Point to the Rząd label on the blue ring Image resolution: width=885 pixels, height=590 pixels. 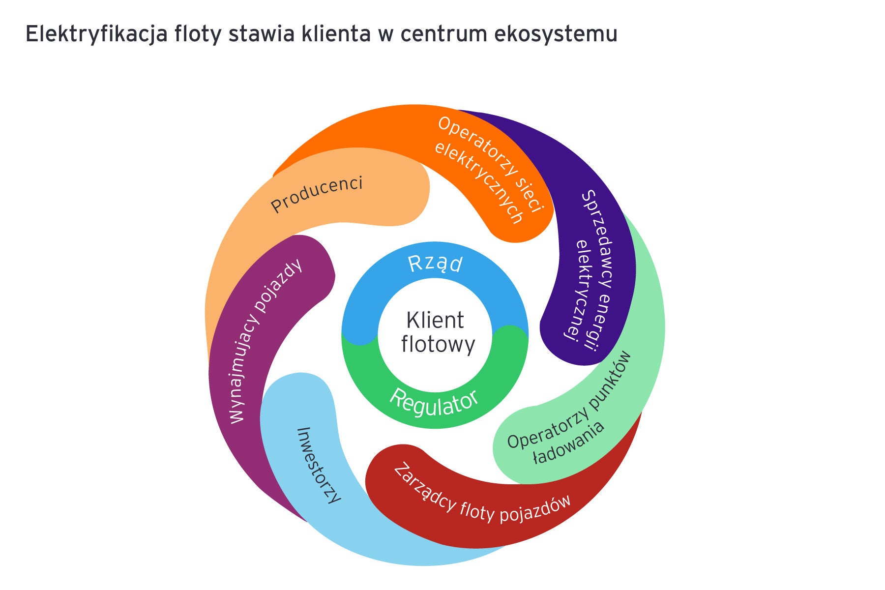(x=435, y=264)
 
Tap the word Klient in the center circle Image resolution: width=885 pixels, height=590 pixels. (x=435, y=321)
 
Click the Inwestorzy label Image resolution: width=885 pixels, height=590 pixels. (x=319, y=465)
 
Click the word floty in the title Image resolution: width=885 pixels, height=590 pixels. (x=197, y=35)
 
